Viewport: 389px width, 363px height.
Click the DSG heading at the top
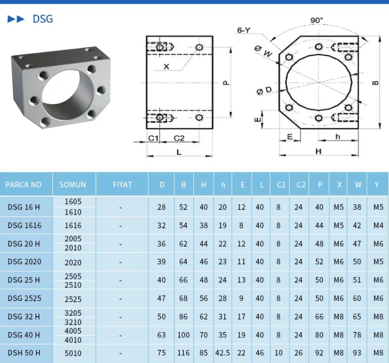43,19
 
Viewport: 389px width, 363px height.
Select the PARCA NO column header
23,185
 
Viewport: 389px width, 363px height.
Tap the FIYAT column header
122,185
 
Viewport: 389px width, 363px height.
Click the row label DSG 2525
24,298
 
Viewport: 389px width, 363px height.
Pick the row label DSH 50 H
24,353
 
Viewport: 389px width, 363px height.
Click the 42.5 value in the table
223,353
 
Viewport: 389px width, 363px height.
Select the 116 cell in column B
183,353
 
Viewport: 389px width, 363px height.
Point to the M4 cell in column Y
378,226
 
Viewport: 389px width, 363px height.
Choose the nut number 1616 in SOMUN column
73,226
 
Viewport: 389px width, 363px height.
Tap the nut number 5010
73,353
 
